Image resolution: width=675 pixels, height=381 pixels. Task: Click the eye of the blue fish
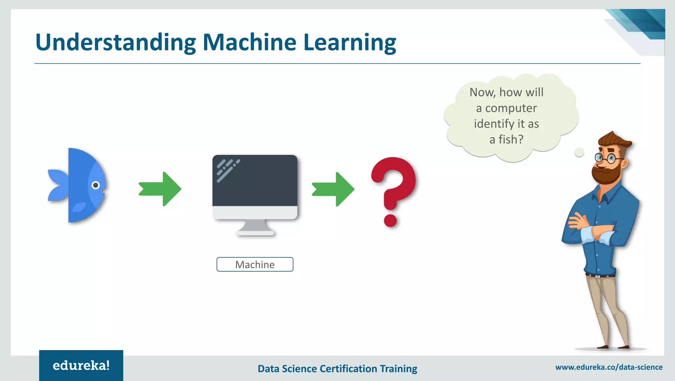tap(96, 185)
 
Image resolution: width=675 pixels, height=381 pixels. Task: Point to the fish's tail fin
tap(58, 185)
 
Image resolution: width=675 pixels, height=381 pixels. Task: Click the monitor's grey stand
tap(255, 227)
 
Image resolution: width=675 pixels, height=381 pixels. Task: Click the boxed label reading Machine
tap(255, 264)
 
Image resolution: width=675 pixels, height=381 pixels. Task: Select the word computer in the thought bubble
tap(511, 108)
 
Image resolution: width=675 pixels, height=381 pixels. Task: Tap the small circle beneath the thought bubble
tap(579, 152)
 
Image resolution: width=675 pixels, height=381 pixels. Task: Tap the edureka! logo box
tap(81, 366)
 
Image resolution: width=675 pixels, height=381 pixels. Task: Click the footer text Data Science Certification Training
tap(337, 368)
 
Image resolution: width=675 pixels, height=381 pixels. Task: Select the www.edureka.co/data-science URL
tap(609, 367)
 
